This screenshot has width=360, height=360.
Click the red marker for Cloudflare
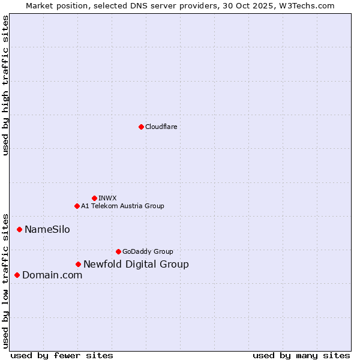tap(141, 127)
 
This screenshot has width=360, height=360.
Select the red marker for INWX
tap(94, 198)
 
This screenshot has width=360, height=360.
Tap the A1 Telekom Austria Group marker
tap(77, 206)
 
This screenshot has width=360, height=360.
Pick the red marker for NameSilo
tap(19, 229)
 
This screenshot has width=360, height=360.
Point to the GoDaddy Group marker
tap(118, 251)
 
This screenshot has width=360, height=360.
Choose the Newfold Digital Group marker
tap(78, 264)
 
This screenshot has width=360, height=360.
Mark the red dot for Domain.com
tap(17, 275)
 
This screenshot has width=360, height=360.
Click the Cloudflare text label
tap(161, 127)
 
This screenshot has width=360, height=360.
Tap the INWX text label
tap(107, 198)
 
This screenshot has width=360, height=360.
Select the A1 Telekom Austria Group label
tap(122, 206)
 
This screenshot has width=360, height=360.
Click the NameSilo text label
tap(47, 229)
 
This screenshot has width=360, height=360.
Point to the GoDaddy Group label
tap(148, 251)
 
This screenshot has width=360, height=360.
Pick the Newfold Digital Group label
tap(136, 264)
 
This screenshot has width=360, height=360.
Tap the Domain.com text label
tap(52, 275)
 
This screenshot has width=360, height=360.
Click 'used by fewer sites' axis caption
tap(62, 355)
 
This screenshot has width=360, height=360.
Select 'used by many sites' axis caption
tap(301, 355)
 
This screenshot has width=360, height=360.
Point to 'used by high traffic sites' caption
tap(5, 85)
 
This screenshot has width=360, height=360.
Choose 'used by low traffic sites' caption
tap(5, 281)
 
